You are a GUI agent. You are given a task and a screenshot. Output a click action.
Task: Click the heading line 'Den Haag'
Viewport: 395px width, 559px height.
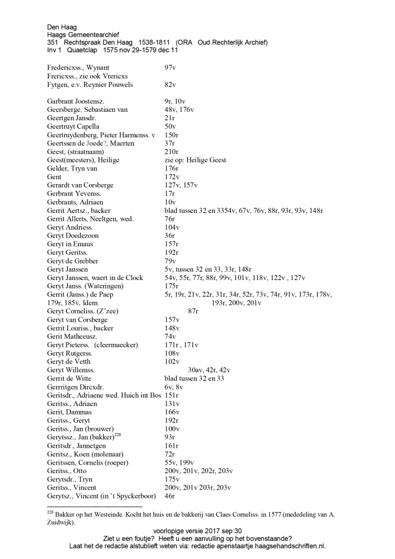(62, 27)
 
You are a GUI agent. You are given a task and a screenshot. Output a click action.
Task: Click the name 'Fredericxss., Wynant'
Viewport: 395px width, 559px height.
(78, 68)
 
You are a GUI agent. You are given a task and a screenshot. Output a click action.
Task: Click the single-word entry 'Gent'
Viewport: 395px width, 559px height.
(54, 177)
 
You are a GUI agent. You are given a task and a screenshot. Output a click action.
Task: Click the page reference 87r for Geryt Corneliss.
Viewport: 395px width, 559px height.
(193, 311)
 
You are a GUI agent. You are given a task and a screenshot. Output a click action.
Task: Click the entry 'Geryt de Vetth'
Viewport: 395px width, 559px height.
(69, 361)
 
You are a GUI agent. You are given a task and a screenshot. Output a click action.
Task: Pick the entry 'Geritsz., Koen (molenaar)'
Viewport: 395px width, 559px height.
(85, 454)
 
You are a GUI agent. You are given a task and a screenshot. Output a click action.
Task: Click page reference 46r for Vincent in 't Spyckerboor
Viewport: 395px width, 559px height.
(169, 496)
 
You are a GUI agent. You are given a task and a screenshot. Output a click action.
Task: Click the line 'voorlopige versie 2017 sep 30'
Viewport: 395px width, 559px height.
(197, 531)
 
